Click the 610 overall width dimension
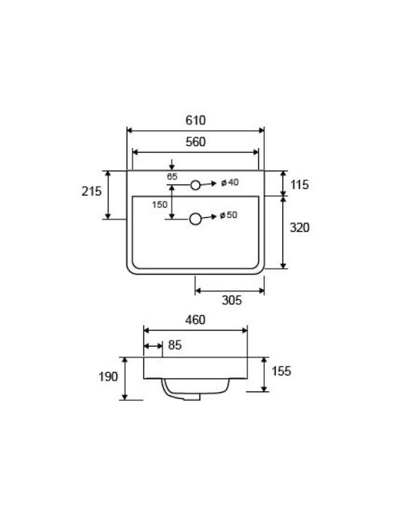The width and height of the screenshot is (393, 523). click(196, 120)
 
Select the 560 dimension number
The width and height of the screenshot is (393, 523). click(196, 142)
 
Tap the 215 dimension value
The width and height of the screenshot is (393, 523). click(92, 191)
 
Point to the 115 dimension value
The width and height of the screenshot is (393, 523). click(299, 185)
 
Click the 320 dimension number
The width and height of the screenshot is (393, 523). click(299, 227)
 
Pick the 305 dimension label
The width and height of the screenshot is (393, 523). click(231, 300)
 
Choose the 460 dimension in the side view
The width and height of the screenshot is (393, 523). click(195, 320)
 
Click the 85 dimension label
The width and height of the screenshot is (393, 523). click(175, 345)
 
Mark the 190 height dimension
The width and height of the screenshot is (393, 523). click(108, 376)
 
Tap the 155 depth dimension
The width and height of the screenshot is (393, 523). click(281, 371)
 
